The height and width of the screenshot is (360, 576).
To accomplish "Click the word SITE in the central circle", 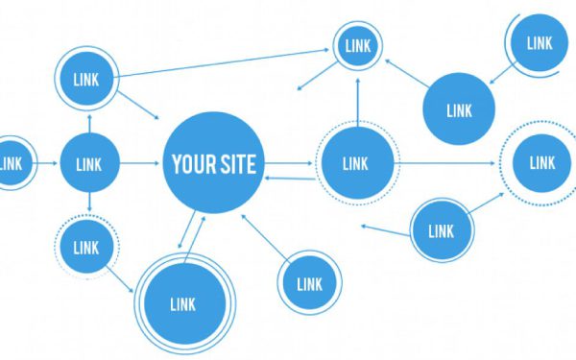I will click(237, 163).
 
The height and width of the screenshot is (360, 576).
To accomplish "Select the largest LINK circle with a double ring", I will click(182, 303).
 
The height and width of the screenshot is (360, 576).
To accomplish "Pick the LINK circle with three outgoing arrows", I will click(88, 163).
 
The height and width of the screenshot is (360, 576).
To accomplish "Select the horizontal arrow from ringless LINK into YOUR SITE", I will click(139, 163).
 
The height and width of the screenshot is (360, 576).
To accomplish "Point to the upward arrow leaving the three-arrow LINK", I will click(88, 121).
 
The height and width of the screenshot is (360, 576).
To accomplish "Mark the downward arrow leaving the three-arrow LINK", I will click(88, 204).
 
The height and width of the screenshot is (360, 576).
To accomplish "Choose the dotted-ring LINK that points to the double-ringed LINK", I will click(85, 247).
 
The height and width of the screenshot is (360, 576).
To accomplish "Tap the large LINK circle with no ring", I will click(459, 109).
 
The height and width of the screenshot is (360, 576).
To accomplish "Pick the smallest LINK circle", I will click(357, 44).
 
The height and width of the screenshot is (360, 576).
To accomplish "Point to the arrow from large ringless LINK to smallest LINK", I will click(403, 73).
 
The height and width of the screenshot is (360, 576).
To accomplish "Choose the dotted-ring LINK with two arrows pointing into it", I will click(540, 163).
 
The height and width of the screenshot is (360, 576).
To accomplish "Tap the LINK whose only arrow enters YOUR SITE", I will click(309, 283).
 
